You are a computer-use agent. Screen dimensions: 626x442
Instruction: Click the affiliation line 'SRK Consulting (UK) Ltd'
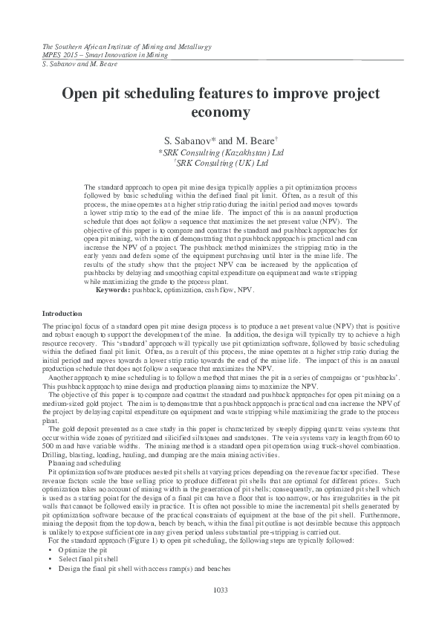coord(221,162)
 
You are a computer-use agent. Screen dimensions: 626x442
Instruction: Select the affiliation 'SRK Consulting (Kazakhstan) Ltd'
coord(221,151)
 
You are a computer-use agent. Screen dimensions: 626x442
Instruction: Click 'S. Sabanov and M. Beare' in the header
coord(71,65)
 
